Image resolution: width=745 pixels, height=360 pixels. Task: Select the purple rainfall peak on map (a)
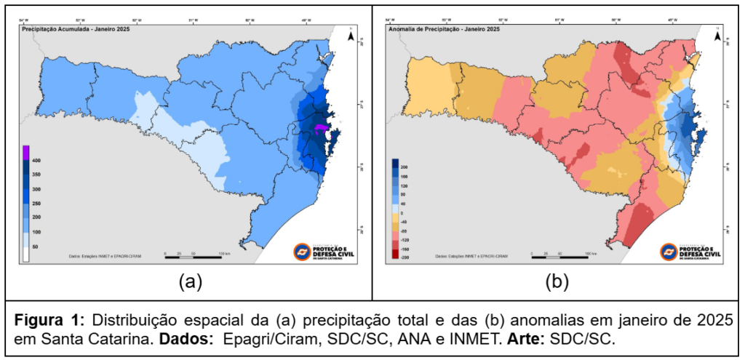tap(321, 129)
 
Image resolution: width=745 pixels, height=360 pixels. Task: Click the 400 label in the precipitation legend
tap(36, 160)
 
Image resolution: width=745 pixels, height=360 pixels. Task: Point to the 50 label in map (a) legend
tap(35, 247)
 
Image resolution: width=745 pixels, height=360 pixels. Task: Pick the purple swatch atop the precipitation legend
tap(26, 152)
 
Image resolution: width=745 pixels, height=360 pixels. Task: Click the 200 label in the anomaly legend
tap(404, 167)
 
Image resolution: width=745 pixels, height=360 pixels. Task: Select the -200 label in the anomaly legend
tap(405, 258)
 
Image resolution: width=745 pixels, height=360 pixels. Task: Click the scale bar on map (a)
tap(193, 255)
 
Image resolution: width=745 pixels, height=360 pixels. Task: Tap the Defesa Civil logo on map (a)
tap(325, 249)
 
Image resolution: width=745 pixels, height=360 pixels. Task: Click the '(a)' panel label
tap(190, 281)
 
